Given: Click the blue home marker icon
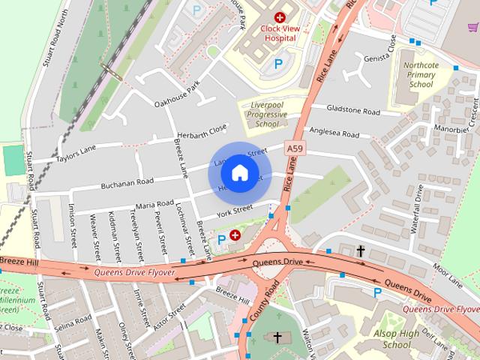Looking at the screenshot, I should coord(238,172).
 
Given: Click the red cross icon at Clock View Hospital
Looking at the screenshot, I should coord(280,16).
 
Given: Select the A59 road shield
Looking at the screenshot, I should coord(296,151).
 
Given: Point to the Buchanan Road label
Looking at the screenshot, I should coord(128,182).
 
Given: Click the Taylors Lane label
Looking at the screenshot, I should coord(75,154).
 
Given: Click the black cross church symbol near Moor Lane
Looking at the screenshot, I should coord(361,251).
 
